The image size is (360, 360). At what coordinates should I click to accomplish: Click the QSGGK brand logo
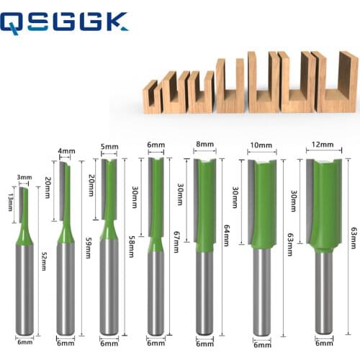pos(65,23)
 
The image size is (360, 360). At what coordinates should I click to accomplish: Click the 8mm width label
pos(205,145)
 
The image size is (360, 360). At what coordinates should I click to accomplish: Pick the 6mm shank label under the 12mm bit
pos(323,343)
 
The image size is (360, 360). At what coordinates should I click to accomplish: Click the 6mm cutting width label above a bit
pos(156,145)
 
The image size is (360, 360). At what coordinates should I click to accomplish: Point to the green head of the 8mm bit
pos(205,209)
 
